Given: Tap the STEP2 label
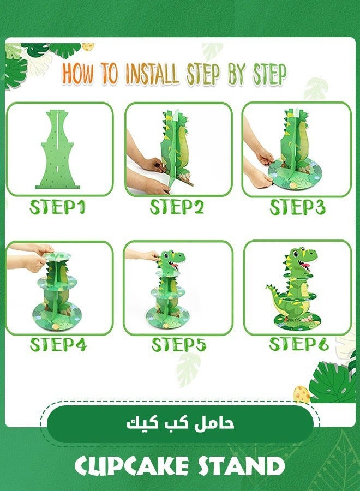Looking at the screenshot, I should [177, 208].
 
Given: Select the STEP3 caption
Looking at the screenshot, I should [297, 208].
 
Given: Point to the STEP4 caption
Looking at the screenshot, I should [58, 345].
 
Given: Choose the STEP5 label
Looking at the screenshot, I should [178, 345].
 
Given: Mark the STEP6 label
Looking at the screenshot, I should [297, 344].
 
